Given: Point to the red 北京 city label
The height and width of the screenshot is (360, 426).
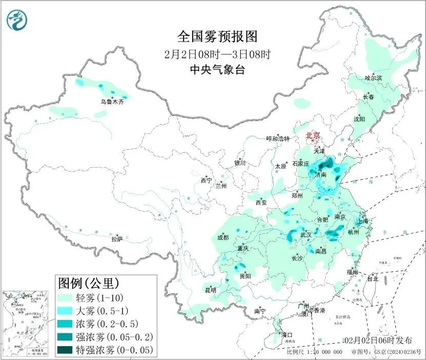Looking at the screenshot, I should pos(313,135).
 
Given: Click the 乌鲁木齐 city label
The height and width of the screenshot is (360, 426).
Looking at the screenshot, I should pos(112,102).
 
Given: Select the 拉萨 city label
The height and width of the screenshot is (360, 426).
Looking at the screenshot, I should pos(117,239).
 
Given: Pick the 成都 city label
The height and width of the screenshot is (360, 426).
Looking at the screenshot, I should pos(222,237).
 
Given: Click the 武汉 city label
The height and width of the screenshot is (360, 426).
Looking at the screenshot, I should pos(306,234).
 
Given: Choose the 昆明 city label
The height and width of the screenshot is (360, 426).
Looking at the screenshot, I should pos(211,290).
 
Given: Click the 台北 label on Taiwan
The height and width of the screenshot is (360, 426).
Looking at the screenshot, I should pos(372,279).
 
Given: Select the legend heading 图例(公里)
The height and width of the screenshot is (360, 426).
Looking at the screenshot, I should pos(89,283).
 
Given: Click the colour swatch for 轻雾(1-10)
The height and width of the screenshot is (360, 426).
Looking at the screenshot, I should pos(66,297).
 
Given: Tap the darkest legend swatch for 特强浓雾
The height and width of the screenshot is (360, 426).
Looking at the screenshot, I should pos(66,350).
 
